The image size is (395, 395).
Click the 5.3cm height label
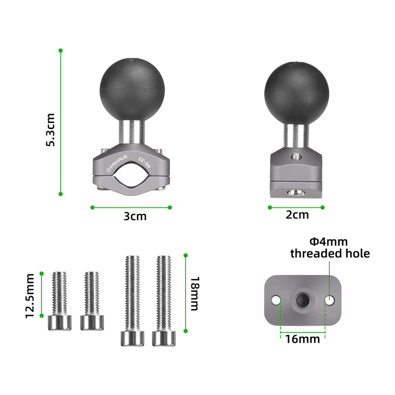[x=50, y=129]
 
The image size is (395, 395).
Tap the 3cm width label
[x=135, y=216]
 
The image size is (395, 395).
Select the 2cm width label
[x=297, y=215]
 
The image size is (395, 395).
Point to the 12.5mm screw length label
[x=31, y=295]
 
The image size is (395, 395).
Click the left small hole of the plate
[x=276, y=300]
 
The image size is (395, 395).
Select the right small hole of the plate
[x=329, y=299]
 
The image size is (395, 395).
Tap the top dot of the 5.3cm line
[x=60, y=50]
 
